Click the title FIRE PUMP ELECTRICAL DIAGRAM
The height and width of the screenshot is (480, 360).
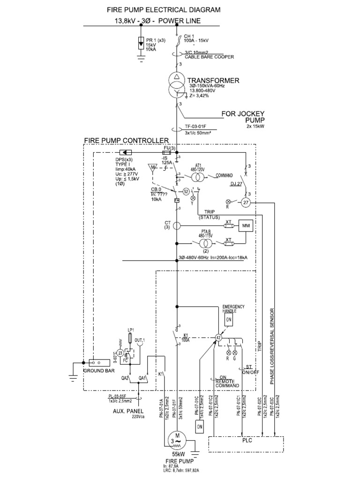157,9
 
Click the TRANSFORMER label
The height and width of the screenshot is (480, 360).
213,81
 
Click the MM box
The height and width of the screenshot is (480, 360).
246,226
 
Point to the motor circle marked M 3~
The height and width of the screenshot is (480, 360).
176,440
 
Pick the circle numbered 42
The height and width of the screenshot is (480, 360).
218,337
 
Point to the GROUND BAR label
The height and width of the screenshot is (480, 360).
98,371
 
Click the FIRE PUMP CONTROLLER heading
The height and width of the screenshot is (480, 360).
126,140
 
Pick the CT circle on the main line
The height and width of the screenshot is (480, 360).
177,226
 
